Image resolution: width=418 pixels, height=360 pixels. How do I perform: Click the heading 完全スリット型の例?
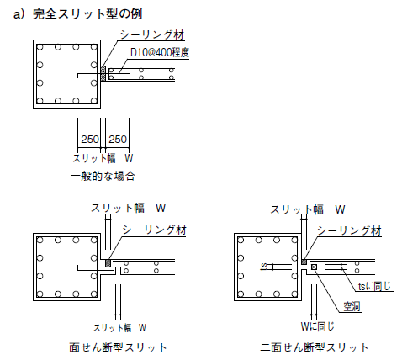87,14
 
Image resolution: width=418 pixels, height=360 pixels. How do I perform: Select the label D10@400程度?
160,52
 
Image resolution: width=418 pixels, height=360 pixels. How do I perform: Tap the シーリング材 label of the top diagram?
152,34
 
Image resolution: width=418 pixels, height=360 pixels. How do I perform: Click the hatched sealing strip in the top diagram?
103,73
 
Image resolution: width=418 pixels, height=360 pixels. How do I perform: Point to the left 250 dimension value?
90,140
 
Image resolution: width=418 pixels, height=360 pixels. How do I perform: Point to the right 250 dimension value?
118,140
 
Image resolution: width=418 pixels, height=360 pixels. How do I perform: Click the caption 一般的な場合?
103,177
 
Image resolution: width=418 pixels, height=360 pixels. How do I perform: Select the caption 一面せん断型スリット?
113,347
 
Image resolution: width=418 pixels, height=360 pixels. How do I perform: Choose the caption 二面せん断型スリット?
315,347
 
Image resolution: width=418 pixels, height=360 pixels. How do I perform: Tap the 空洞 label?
352,306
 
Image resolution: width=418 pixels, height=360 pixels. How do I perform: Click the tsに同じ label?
374,286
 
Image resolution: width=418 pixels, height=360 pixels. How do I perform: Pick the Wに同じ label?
318,326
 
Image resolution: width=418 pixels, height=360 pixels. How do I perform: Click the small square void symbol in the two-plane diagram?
314,267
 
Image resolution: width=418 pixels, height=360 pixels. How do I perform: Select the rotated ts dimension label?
264,267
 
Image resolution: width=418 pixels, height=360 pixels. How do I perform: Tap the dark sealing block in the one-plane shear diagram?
108,263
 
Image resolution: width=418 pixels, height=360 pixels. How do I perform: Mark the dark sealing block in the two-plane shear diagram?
304,262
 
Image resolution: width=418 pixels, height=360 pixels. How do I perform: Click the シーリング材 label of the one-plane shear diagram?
154,230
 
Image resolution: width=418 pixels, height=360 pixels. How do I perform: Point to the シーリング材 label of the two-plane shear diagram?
349,231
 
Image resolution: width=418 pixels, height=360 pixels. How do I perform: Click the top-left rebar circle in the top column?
40,47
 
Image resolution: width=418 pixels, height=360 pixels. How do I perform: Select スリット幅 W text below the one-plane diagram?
119,328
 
